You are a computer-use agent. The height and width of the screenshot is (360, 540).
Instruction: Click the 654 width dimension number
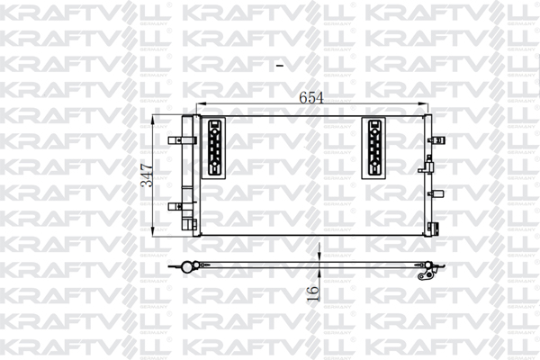(311, 98)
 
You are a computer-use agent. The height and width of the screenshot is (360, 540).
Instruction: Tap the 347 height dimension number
(148, 175)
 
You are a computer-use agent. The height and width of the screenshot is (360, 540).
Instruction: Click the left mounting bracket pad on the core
(213, 148)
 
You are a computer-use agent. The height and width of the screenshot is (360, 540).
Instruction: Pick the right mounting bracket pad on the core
(373, 148)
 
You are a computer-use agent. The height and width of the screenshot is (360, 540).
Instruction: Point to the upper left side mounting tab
(182, 140)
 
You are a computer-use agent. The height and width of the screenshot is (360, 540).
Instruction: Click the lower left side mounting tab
(182, 207)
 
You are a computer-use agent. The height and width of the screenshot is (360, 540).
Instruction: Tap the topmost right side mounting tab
(436, 140)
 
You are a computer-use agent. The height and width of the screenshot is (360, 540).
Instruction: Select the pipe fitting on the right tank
(426, 166)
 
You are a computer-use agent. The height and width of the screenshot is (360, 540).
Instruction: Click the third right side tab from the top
(436, 194)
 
